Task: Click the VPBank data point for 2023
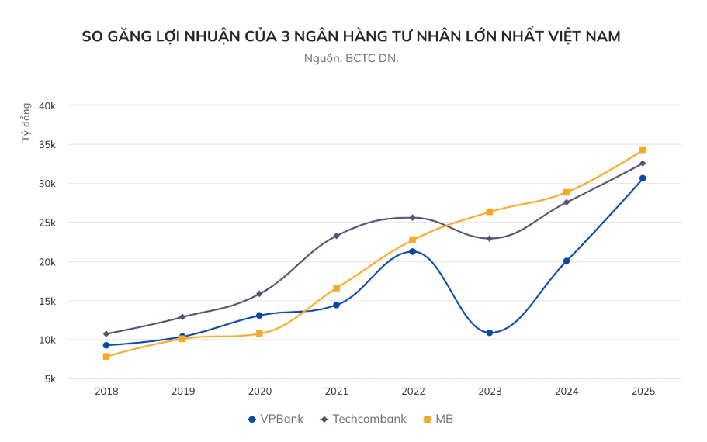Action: [489, 333]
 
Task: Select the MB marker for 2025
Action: [643, 150]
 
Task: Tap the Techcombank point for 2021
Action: [336, 236]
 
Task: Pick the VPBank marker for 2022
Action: [413, 251]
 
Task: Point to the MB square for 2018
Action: [106, 357]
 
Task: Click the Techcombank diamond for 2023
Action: [489, 238]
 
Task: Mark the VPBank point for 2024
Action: [567, 261]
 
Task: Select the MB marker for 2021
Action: [336, 288]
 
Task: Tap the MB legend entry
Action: [438, 419]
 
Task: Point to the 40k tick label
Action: [48, 105]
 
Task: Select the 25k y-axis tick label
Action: [48, 223]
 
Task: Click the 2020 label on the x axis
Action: [259, 392]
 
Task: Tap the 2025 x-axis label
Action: [643, 392]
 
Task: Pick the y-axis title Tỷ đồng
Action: [26, 123]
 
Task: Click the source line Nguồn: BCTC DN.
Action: [352, 58]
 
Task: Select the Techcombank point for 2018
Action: [106, 333]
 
